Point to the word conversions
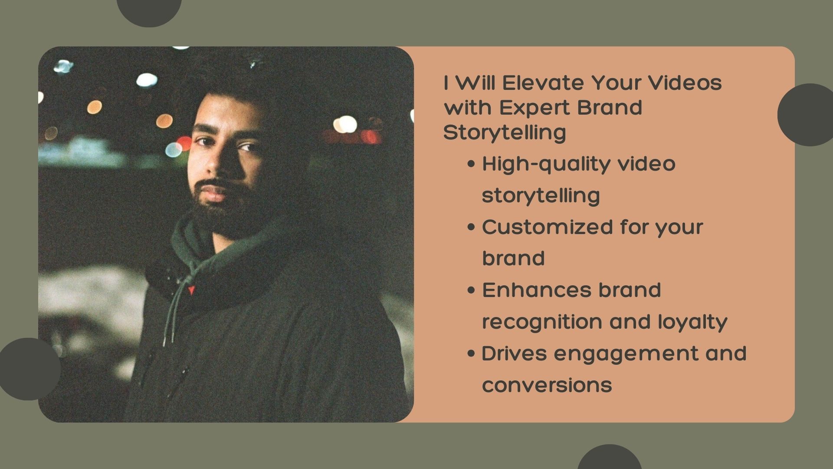coord(547,385)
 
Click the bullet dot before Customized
coord(472,228)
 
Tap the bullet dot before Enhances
coord(472,291)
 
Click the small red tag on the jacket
coord(190,291)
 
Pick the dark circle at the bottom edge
coord(609,457)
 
